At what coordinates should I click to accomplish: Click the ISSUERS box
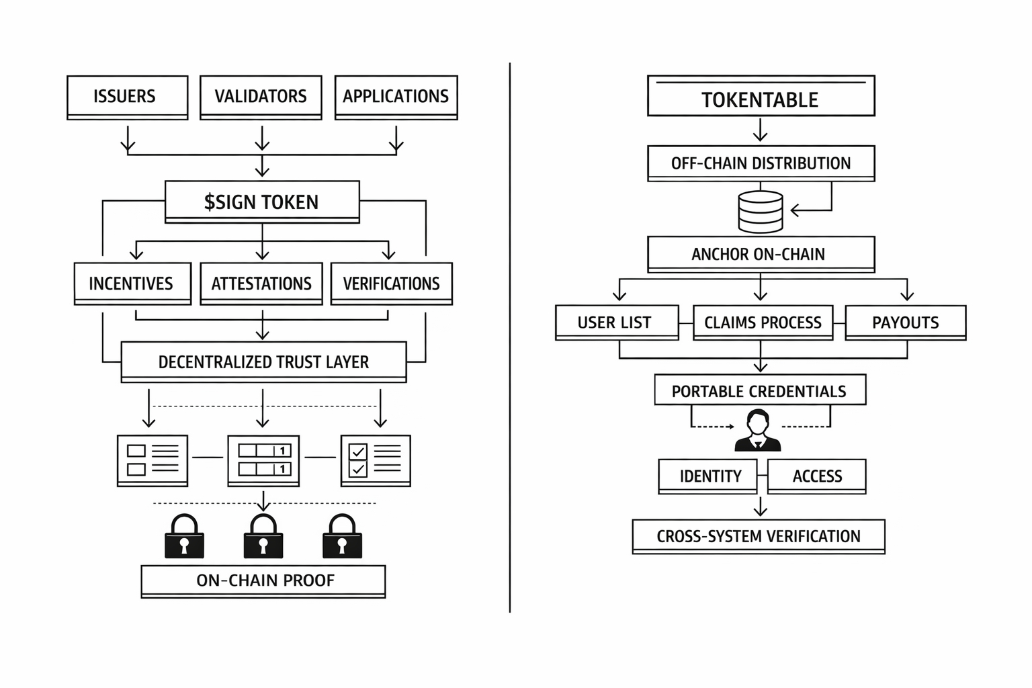click(x=127, y=97)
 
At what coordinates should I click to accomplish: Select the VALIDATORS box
click(x=261, y=97)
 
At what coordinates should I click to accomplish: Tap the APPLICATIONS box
click(x=396, y=97)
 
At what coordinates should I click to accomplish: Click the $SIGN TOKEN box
click(x=262, y=202)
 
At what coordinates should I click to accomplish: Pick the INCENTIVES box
click(x=132, y=284)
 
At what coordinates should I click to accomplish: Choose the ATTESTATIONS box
click(x=261, y=284)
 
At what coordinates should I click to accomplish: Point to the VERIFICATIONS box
click(x=391, y=284)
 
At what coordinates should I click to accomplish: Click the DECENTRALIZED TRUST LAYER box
click(x=263, y=362)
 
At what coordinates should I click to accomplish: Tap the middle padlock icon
click(x=263, y=537)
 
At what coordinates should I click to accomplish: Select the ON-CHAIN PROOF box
click(x=263, y=580)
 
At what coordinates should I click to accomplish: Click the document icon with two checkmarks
click(x=376, y=460)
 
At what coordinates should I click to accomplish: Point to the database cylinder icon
click(x=761, y=212)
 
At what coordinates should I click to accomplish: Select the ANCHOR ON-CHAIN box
click(x=761, y=254)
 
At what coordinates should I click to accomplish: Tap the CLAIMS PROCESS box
click(x=763, y=322)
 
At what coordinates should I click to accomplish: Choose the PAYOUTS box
click(x=905, y=322)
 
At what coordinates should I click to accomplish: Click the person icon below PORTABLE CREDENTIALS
click(x=758, y=431)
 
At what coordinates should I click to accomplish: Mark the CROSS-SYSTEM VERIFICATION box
click(x=759, y=536)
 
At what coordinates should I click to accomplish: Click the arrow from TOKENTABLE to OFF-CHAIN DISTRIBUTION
click(x=760, y=130)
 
